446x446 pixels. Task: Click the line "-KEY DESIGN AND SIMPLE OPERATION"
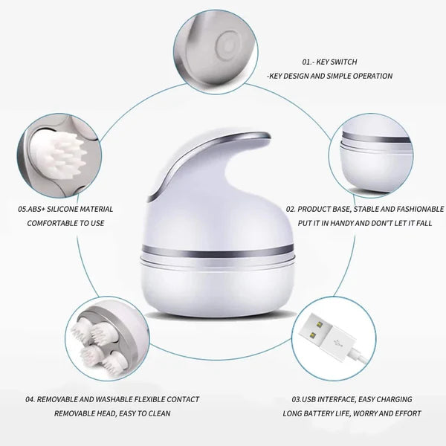click(x=329, y=77)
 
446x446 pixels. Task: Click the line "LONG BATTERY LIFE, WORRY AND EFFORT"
click(x=352, y=413)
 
